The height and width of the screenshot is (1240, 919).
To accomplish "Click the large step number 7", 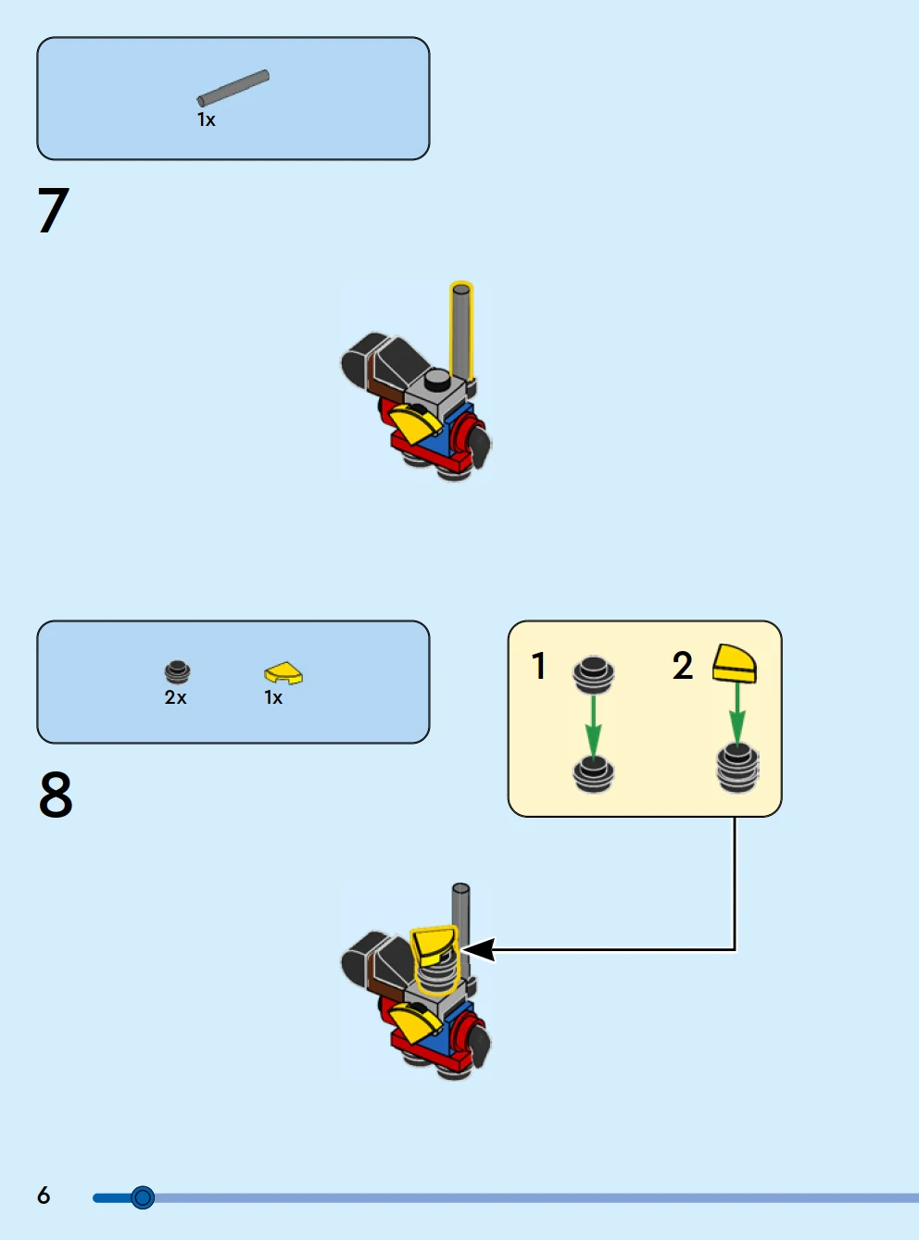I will click(53, 210).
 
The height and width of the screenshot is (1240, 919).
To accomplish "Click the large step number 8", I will click(56, 795).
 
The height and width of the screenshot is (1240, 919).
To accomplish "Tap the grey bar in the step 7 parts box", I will click(233, 88).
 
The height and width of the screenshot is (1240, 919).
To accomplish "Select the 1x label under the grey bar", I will click(206, 120).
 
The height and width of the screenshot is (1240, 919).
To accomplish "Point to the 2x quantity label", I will click(175, 698).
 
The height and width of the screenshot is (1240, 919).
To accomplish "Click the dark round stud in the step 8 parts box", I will click(177, 670).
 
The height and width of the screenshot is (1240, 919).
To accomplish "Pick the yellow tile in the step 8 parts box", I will click(283, 672).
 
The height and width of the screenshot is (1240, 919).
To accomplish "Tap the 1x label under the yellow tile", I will click(273, 698).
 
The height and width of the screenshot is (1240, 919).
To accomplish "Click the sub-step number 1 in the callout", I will click(538, 666).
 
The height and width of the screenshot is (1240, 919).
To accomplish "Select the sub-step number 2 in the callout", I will click(683, 666).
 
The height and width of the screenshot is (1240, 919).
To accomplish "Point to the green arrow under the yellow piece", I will click(737, 712).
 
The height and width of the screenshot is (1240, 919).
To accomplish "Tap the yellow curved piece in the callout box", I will click(735, 663).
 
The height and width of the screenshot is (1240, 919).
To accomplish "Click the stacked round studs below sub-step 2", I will click(737, 769).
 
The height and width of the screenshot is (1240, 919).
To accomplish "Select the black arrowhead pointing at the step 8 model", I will click(479, 949).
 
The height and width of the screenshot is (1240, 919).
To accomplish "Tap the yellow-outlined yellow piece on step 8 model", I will click(434, 946).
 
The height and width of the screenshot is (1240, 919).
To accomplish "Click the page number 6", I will click(44, 1196).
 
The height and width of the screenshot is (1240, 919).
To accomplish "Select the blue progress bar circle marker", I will click(143, 1197).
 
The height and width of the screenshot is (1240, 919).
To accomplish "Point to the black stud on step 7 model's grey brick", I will click(437, 380).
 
